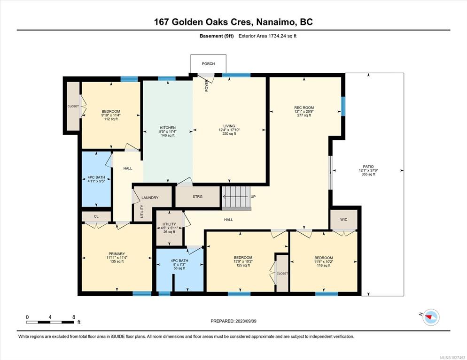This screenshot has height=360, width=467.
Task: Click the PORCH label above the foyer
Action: (x=208, y=64)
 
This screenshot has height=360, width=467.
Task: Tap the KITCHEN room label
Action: (x=168, y=128)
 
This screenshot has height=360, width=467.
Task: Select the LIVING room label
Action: (x=229, y=126)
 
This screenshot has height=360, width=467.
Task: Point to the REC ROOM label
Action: (x=304, y=107)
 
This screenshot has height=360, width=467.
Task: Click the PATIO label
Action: (x=368, y=167)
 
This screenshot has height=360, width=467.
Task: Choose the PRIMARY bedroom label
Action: (x=117, y=254)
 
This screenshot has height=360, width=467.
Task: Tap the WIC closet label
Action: (x=344, y=220)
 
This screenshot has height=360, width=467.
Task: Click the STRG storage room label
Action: (x=197, y=197)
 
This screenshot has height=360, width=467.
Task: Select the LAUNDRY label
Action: (x=150, y=198)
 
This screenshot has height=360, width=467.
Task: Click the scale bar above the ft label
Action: (x=50, y=322)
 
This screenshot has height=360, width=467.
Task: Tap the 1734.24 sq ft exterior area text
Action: (x=282, y=36)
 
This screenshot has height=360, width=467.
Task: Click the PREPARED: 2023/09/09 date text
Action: (x=233, y=321)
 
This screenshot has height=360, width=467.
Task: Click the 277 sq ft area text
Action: (x=304, y=115)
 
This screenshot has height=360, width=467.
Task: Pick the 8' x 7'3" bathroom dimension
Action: (x=179, y=265)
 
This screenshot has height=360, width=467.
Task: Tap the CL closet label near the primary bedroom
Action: (x=96, y=216)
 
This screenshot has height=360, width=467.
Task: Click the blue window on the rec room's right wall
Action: (x=343, y=106)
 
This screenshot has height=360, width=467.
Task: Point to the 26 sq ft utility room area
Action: (x=169, y=232)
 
